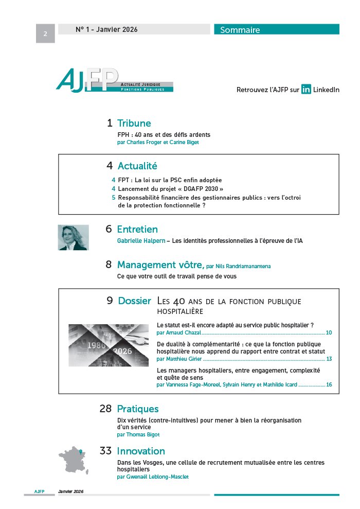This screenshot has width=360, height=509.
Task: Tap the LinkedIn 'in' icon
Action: pyautogui.click(x=306, y=90)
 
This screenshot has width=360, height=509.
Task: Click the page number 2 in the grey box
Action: pyautogui.click(x=45, y=34)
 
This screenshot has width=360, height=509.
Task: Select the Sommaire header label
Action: pyautogui.click(x=240, y=30)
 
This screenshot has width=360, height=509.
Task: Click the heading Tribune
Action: pyautogui.click(x=134, y=123)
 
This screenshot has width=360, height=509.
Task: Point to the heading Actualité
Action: pyautogui.click(x=137, y=166)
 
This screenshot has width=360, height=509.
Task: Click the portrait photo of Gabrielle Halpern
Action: pyautogui.click(x=73, y=237)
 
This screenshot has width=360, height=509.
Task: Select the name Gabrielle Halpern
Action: pyautogui.click(x=137, y=241)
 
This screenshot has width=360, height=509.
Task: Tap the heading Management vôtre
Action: pyautogui.click(x=160, y=265)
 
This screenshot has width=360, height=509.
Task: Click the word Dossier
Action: pyautogui.click(x=135, y=301)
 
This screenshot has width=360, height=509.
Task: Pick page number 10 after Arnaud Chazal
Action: pyautogui.click(x=329, y=333)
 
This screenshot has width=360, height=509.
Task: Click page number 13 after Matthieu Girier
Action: pyautogui.click(x=329, y=359)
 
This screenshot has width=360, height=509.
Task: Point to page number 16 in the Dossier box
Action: pyautogui.click(x=329, y=384)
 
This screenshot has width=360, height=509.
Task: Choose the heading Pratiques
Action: pyautogui.click(x=137, y=409)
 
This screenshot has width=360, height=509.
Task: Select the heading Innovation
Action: pyautogui.click(x=141, y=451)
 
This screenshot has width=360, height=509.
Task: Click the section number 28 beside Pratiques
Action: pyautogui.click(x=105, y=409)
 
